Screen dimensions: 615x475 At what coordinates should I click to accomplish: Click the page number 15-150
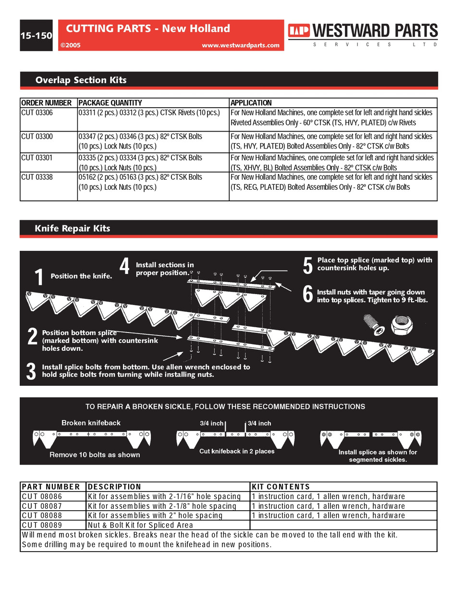pos(36,36)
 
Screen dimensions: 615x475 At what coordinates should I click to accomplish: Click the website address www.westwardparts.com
pos(240,45)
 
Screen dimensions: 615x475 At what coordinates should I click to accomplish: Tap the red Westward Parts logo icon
pos(299,31)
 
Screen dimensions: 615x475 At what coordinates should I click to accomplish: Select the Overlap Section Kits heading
pos(81,80)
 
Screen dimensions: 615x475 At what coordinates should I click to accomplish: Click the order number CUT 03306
pos(37,113)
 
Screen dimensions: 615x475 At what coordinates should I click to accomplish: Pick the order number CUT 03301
pos(37,158)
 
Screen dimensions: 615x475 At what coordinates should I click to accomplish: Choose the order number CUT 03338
pos(37,177)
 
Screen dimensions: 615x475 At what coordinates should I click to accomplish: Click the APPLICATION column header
pos(251,103)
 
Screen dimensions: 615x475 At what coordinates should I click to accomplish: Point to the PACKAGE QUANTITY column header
pos(110,103)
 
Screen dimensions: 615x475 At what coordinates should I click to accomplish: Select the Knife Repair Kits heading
pos(72,229)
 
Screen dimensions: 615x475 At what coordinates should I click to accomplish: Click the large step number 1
pos(39,277)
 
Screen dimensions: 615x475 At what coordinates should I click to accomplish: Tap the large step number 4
pos(124,266)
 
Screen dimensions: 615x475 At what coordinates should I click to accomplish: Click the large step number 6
pos(307,294)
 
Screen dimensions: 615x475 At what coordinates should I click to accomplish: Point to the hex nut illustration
pos(400,325)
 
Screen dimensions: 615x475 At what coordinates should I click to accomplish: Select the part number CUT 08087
pos(42,506)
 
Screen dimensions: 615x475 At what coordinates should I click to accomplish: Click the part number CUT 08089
pos(42,525)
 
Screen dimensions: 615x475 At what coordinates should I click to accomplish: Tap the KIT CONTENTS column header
pos(281,487)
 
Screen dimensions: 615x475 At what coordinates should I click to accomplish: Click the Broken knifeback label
pos(91,423)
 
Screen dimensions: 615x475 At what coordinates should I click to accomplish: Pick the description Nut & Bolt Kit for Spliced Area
pos(140,525)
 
